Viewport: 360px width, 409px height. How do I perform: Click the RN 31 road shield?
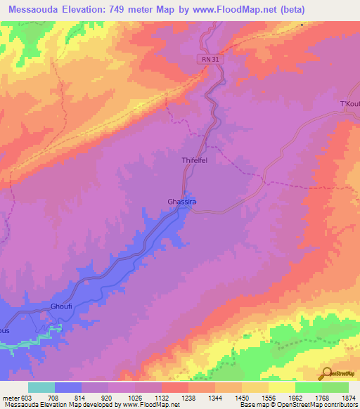coord(210,60)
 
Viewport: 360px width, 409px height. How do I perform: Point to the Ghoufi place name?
coord(62,307)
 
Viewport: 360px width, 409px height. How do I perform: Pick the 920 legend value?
coord(106,398)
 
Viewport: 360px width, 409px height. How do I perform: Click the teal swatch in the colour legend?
coord(41,387)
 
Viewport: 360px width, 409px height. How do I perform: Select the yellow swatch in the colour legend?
coord(281,387)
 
